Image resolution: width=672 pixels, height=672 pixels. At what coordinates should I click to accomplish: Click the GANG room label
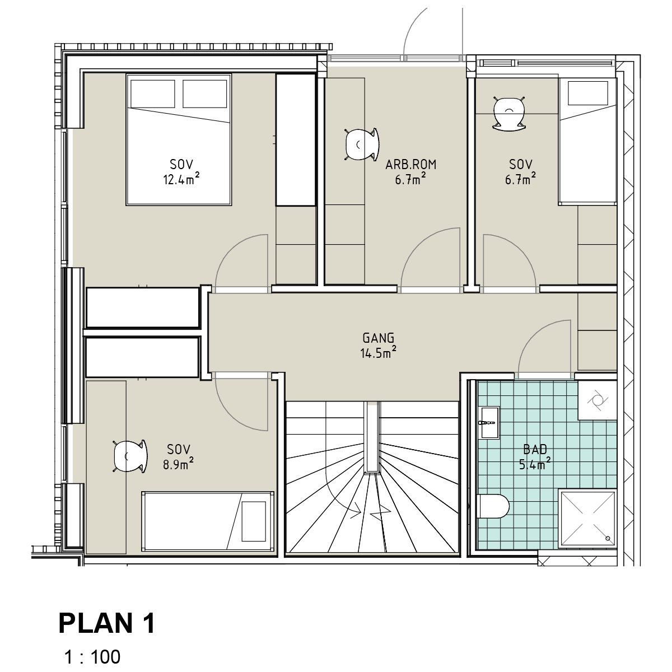[x=379, y=338]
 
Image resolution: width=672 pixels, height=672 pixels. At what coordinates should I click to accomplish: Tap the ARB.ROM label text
[x=411, y=165]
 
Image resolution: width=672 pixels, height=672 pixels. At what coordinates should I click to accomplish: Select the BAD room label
[x=535, y=450]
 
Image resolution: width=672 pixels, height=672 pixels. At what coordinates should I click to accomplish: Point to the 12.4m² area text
[x=181, y=179]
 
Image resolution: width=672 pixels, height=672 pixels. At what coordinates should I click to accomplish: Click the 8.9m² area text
[x=178, y=464]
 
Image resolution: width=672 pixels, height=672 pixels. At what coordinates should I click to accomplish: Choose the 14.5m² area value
[x=379, y=352]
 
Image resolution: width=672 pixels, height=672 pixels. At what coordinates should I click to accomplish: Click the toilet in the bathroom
[x=493, y=506]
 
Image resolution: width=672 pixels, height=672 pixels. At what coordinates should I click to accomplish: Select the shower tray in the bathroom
[x=587, y=519]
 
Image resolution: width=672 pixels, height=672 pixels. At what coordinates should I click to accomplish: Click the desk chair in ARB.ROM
[x=362, y=144]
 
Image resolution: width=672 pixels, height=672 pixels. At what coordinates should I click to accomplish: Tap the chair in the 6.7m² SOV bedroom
[x=509, y=114]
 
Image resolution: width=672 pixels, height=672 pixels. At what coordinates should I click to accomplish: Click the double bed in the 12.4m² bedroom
[x=179, y=139]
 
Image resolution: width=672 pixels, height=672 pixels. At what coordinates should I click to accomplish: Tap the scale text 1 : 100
[x=92, y=657]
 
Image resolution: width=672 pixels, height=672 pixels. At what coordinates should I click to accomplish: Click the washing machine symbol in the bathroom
[x=598, y=400]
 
